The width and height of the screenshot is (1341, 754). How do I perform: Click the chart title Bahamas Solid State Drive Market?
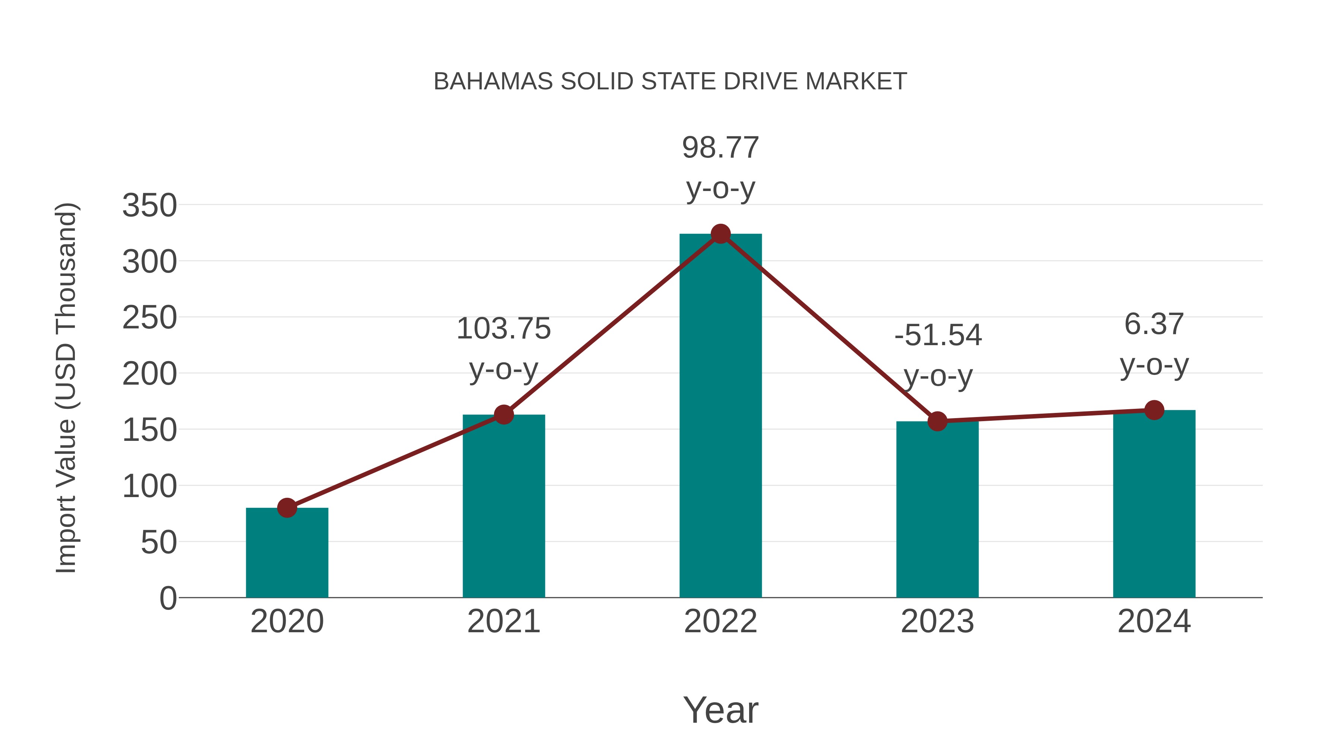click(x=670, y=82)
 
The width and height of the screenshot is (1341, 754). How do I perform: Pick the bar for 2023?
click(x=937, y=510)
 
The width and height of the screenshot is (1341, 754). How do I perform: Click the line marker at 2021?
click(x=504, y=415)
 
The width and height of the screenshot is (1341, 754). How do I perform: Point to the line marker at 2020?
click(x=287, y=508)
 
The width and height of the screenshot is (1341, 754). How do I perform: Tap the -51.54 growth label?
click(x=938, y=335)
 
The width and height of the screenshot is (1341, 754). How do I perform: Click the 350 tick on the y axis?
click(x=149, y=206)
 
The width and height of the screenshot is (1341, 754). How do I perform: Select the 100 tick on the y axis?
click(x=149, y=487)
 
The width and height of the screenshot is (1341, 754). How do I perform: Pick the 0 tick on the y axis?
click(x=168, y=598)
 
